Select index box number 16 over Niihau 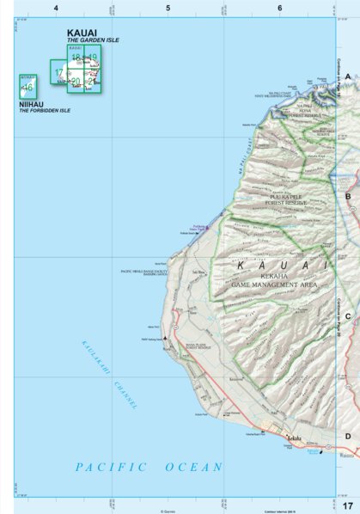click(x=27, y=87)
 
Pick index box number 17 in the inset click(x=58, y=73)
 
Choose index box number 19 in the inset click(x=92, y=57)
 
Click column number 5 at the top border click(x=168, y=8)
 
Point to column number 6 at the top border click(x=279, y=8)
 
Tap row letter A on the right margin click(x=348, y=76)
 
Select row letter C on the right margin click(x=348, y=316)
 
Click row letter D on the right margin click(x=348, y=436)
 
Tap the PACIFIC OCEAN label click(x=148, y=467)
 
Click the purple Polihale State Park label click(x=197, y=226)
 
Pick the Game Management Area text click(x=274, y=283)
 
